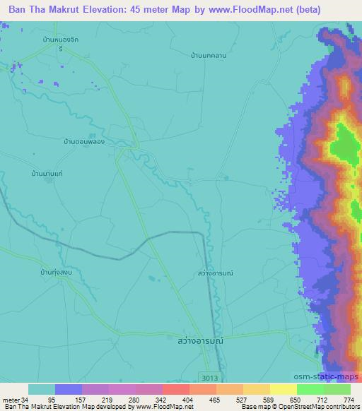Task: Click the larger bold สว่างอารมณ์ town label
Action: [x=199, y=340]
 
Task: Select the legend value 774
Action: [x=348, y=400]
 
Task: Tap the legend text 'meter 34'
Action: [x=15, y=400]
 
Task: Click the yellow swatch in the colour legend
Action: [x=283, y=389]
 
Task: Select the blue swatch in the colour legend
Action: [x=69, y=389]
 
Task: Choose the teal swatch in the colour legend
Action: [x=42, y=389]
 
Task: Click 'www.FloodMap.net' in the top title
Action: [x=243, y=10]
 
